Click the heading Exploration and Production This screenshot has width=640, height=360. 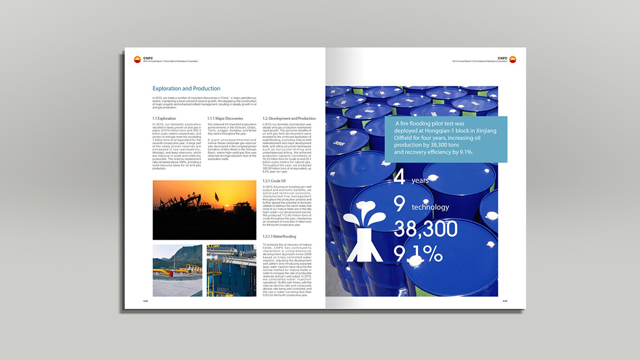click(186, 89)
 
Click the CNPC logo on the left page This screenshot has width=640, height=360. click(137, 59)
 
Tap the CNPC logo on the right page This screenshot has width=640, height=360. click(513, 59)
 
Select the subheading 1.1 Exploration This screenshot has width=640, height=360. click(164, 118)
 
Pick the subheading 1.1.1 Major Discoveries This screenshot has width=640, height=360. click(225, 118)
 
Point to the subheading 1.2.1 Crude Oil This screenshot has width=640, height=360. click(274, 181)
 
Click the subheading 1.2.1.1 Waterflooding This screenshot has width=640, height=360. click(280, 236)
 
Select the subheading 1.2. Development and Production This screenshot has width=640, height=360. click(289, 118)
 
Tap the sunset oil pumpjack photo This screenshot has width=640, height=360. click(204, 210)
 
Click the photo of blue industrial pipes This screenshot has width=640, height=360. click(231, 270)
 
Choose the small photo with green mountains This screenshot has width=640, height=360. click(177, 270)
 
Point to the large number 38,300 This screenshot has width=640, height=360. click(425, 229)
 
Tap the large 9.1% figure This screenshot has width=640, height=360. click(418, 253)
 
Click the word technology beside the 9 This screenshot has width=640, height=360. click(430, 207)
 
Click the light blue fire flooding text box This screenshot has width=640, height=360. click(445, 140)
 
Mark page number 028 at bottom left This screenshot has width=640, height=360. click(146, 301)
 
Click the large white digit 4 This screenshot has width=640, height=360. click(400, 178)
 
